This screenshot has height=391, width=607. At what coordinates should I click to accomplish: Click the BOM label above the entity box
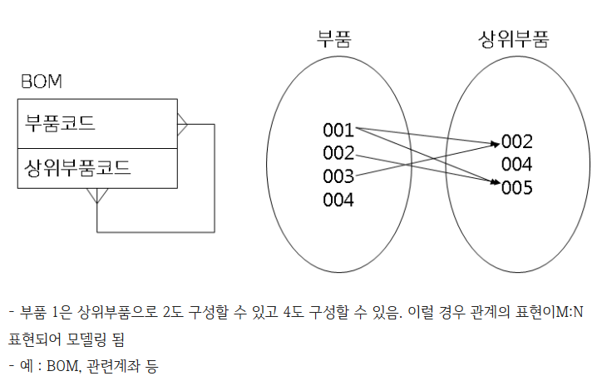[x=42, y=82]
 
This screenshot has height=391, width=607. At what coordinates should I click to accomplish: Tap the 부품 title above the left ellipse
[x=333, y=38]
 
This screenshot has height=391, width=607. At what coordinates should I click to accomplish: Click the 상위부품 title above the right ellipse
[x=513, y=38]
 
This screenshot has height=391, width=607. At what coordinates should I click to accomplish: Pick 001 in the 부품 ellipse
[x=338, y=130]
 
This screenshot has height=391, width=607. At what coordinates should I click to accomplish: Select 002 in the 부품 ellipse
[x=338, y=153]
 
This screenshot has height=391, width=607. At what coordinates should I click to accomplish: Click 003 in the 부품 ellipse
[x=338, y=176]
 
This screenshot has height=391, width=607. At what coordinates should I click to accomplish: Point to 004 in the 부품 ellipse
[x=338, y=200]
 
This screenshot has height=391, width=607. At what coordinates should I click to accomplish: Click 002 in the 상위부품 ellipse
[x=516, y=141]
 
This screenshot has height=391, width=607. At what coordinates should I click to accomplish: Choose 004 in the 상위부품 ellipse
[x=516, y=164]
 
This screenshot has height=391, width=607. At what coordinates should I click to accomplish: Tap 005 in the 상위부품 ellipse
[x=516, y=187]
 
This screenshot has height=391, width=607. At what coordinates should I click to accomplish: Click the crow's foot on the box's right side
[x=183, y=125]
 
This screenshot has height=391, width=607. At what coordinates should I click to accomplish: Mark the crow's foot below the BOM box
[x=97, y=195]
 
